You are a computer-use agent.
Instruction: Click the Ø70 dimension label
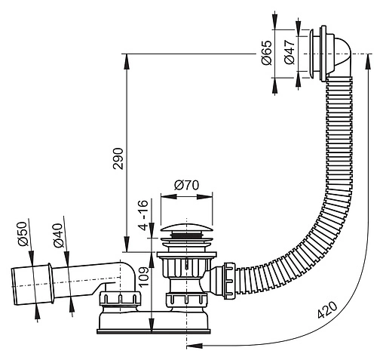[x=186, y=186]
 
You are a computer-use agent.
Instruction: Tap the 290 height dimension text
[x=118, y=158]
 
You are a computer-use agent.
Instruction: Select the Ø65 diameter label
[x=267, y=53]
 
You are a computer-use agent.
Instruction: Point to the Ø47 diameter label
[x=290, y=52]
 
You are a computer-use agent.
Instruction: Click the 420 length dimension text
[x=327, y=309]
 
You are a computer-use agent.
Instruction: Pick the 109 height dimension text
[x=145, y=277]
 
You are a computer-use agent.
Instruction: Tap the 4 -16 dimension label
[x=144, y=215]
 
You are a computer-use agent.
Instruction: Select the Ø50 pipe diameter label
[x=22, y=234]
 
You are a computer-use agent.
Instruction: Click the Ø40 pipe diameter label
[x=58, y=235]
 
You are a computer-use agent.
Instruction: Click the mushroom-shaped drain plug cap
[x=186, y=228]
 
